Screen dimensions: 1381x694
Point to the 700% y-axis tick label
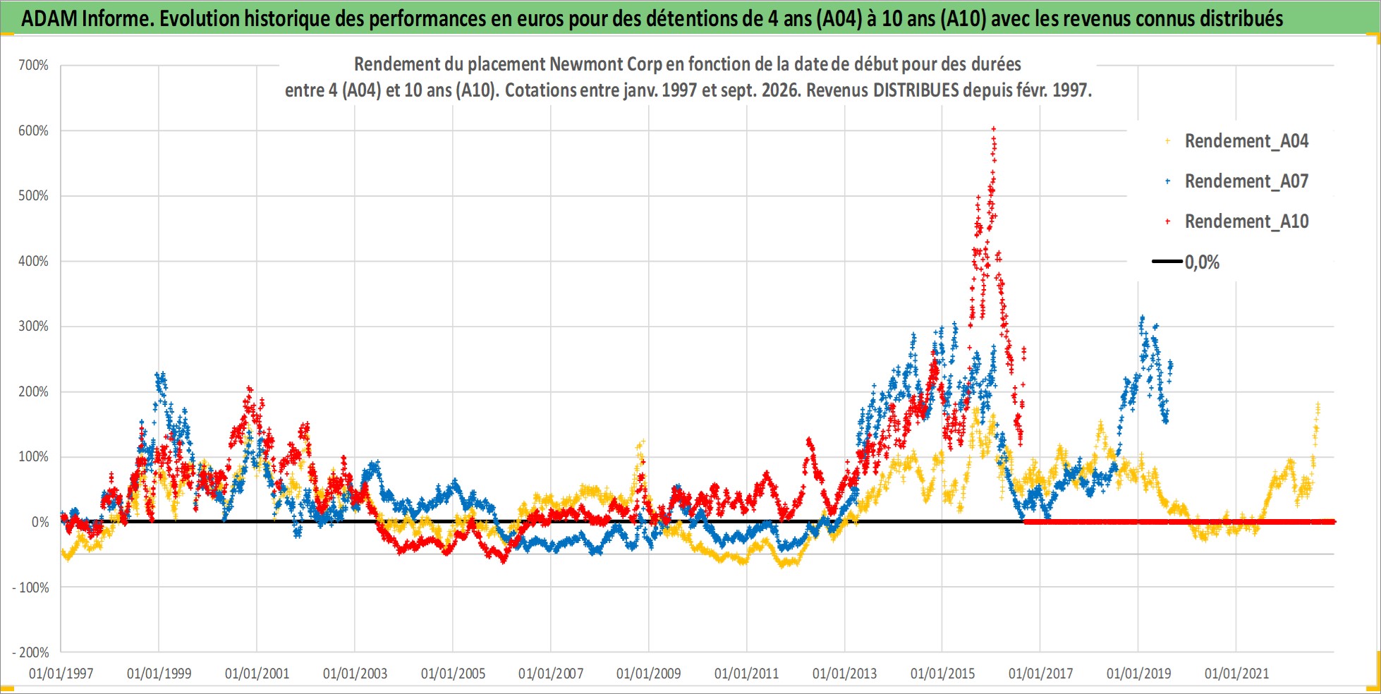pos(33,66)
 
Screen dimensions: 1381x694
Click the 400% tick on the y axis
pos(33,261)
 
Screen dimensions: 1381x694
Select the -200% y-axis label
pos(30,652)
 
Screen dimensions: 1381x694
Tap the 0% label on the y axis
pos(40,522)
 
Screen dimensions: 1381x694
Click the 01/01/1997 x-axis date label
pos(61,674)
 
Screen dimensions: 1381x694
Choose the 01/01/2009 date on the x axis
pos(649,674)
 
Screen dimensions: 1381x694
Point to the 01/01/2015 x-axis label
pos(942,674)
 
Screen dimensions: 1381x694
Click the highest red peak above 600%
pos(994,128)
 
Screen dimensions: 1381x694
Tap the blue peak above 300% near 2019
pos(1142,318)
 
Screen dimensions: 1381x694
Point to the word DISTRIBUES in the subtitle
pos(916,90)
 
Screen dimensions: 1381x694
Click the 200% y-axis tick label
pos(33,391)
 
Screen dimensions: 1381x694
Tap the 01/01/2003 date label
pos(355,674)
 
